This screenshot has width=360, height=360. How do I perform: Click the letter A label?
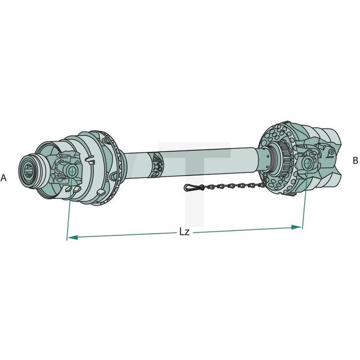(x=4, y=178)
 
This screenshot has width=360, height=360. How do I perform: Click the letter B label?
(x=355, y=160)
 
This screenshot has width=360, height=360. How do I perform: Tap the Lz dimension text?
(x=184, y=232)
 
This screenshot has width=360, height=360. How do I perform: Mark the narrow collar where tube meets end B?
(x=268, y=159)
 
